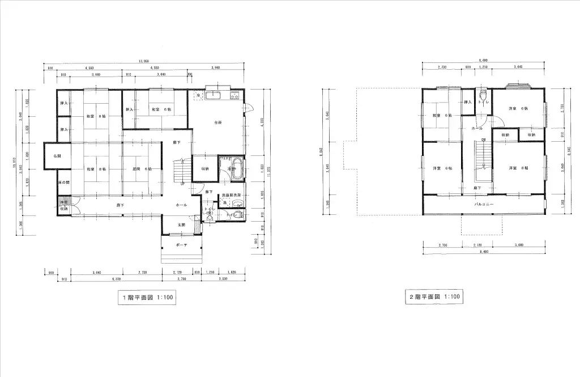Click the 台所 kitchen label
(217, 122)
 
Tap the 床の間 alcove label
(63, 182)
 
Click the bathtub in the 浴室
(234, 169)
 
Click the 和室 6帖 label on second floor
(440, 115)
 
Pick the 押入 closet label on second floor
(467, 103)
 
